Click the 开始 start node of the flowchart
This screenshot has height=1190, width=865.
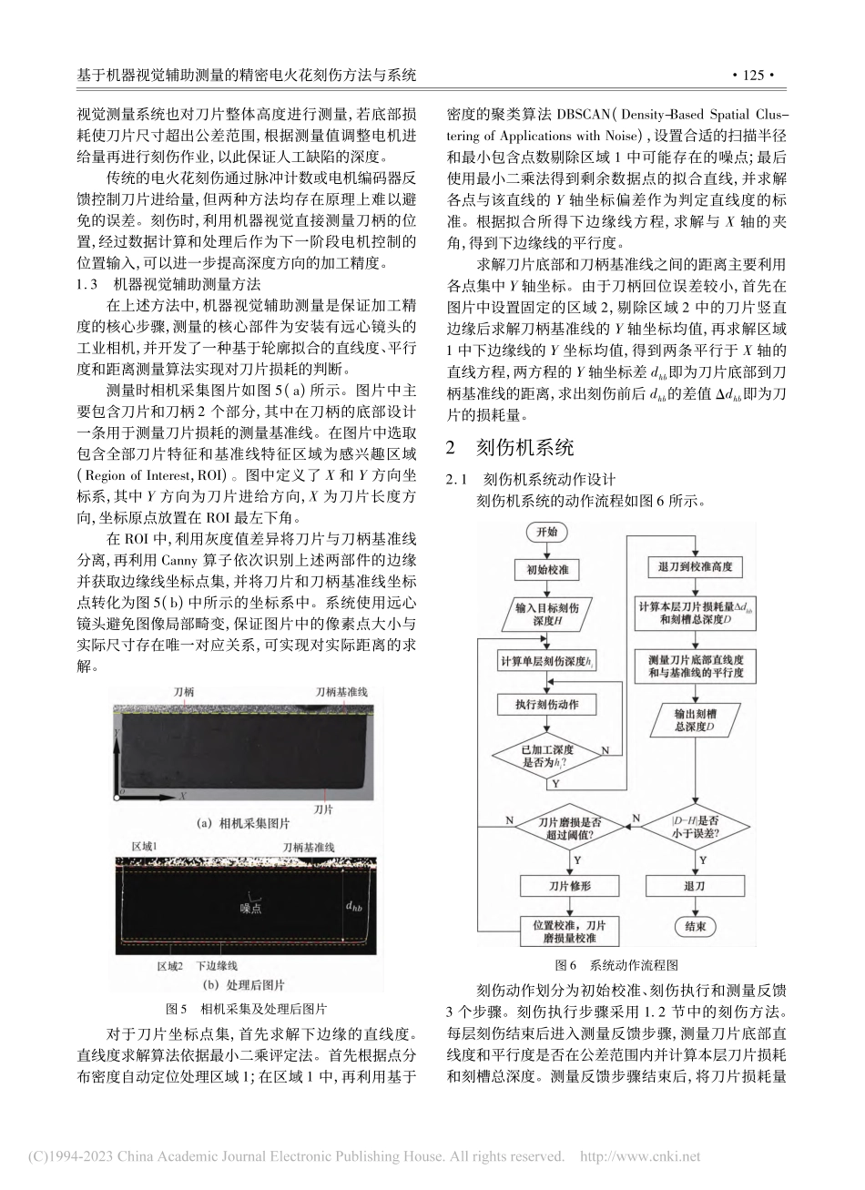coord(546,531)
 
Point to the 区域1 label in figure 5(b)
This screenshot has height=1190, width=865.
coord(145,847)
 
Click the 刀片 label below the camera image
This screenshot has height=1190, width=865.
coord(322,807)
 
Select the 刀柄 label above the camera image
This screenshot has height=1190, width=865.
coord(184,692)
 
